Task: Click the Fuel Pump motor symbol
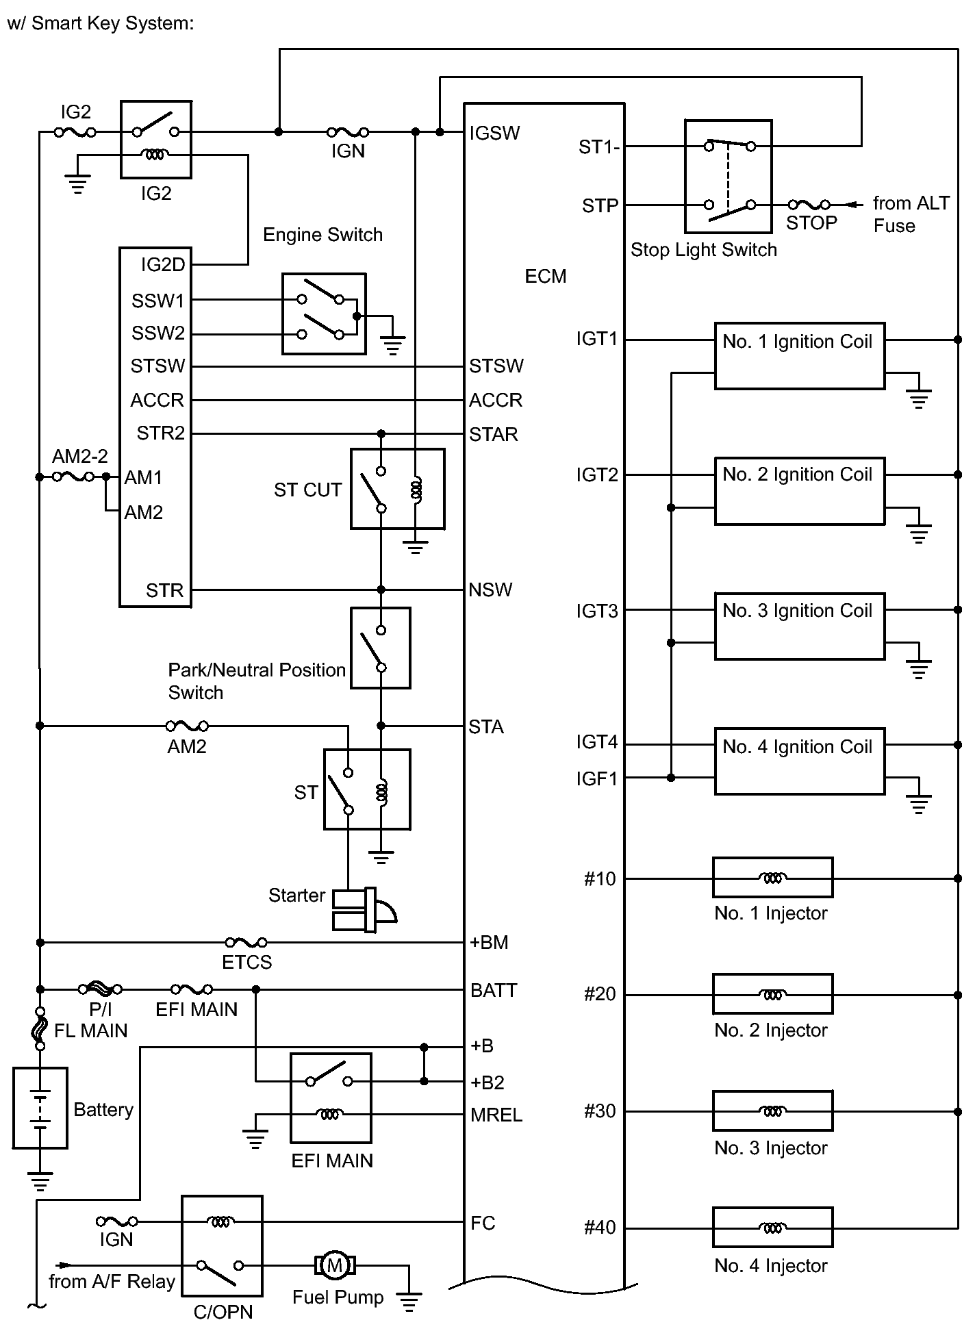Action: coord(335,1265)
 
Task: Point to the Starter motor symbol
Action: coord(364,910)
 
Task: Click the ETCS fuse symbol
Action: coord(246,943)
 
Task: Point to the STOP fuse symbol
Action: coord(809,204)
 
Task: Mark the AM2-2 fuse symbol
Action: coord(73,477)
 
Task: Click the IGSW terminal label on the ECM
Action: coord(494,133)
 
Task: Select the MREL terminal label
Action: coord(496,1115)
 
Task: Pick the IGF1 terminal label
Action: coord(596,778)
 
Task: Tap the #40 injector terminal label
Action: coord(600,1228)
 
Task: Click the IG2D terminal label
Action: coord(163,265)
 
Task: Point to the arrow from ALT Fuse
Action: coord(854,204)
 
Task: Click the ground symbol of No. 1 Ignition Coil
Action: coord(918,398)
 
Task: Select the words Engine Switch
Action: coord(322,235)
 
